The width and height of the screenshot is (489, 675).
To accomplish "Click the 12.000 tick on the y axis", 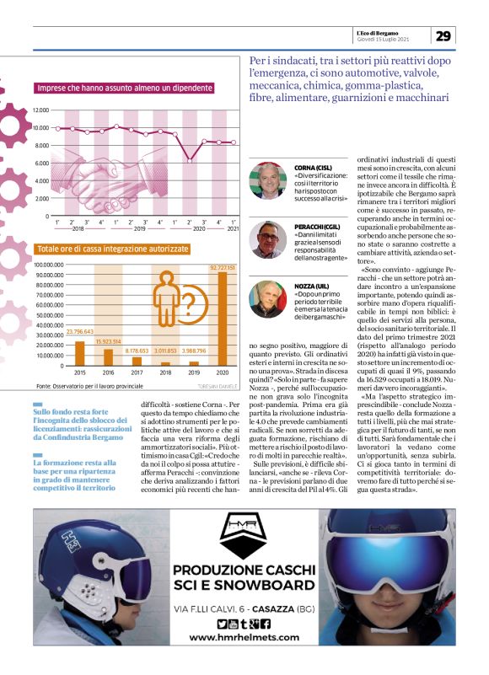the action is (41, 110).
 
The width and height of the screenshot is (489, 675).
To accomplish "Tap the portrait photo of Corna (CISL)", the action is (268, 180).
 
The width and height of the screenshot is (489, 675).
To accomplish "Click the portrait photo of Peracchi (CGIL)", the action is (268, 239).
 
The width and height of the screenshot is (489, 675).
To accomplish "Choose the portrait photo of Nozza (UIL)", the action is (268, 299).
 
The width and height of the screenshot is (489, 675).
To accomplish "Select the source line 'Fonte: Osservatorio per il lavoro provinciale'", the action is (90, 385).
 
